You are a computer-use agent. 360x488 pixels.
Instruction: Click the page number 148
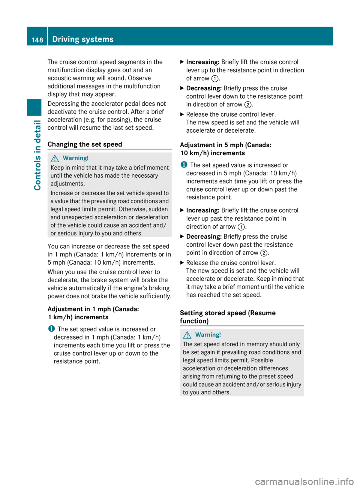[37, 40]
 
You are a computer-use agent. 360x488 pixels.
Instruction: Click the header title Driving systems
[83, 39]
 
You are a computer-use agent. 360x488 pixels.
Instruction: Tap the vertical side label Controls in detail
[37, 155]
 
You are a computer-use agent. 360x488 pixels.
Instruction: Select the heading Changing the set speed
[85, 144]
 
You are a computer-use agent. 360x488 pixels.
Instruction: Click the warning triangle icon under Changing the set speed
[55, 158]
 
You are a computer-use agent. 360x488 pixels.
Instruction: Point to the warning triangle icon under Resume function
[187, 335]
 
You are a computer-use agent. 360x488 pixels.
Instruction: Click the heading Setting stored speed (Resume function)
[228, 317]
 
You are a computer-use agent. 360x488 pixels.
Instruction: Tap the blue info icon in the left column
[51, 329]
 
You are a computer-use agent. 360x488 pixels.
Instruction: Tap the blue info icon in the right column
[183, 165]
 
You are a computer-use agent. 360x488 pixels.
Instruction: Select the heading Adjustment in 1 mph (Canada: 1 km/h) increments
[93, 313]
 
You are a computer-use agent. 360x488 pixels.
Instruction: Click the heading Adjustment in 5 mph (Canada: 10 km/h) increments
[225, 149]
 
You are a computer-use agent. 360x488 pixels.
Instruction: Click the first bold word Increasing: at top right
[202, 62]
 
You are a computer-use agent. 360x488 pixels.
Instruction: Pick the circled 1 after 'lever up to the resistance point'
[215, 78]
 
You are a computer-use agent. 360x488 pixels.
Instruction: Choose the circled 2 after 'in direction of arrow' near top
[247, 105]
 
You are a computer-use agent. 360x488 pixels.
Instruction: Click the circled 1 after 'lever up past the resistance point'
[241, 227]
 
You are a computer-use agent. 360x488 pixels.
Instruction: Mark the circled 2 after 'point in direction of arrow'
[264, 253]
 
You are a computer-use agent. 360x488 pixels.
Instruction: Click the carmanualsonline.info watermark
[304, 481]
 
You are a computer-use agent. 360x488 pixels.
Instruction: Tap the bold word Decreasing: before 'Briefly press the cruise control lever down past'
[204, 237]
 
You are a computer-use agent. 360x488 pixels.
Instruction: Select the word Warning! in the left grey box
[76, 158]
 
